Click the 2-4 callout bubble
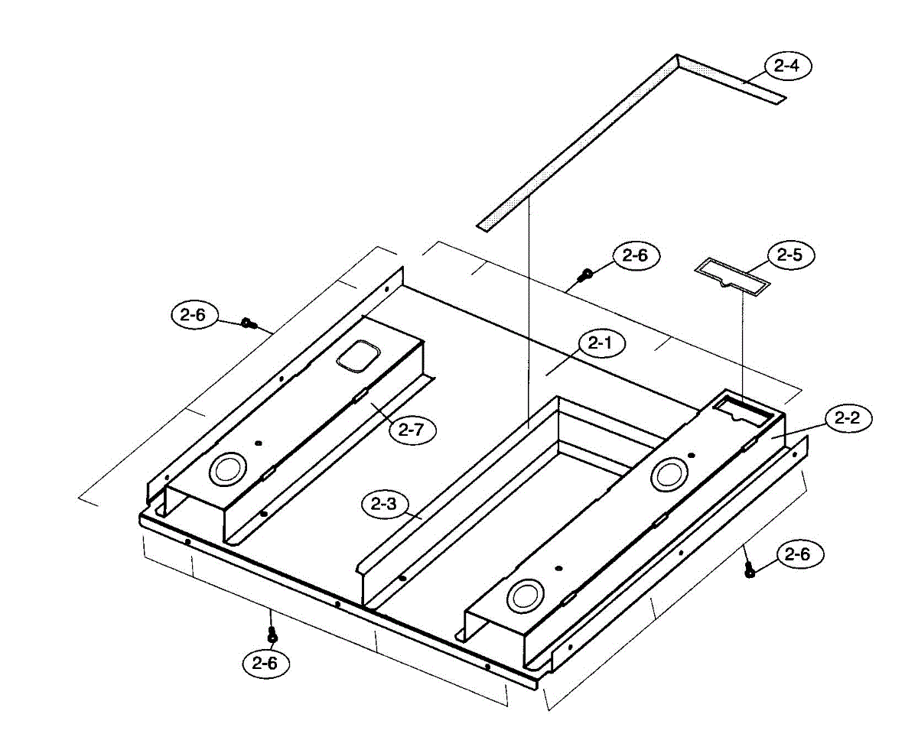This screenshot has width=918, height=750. click(x=786, y=67)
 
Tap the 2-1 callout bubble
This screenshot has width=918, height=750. click(x=601, y=344)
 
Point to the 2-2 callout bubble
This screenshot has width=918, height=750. click(x=847, y=418)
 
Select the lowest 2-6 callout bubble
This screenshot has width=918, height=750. click(x=265, y=664)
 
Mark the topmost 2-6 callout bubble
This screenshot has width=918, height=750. click(x=635, y=256)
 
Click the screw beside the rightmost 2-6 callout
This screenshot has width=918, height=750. click(x=750, y=569)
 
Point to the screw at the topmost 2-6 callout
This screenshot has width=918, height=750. click(x=587, y=273)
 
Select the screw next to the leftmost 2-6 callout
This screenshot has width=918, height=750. click(x=246, y=323)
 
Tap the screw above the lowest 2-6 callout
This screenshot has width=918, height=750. click(x=270, y=634)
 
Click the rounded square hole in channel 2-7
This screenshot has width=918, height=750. click(x=359, y=356)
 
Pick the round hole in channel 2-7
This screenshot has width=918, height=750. click(x=229, y=469)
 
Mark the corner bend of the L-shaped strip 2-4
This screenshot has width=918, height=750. click(x=678, y=60)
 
